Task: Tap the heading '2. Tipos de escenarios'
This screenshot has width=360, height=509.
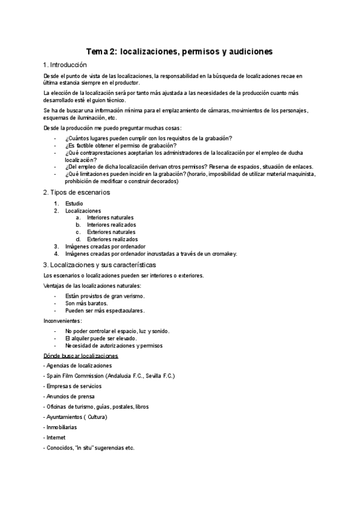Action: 76,192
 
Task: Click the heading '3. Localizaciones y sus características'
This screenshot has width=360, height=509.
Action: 100,264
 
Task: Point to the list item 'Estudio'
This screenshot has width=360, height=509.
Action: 74,203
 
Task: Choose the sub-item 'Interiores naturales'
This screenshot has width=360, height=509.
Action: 110,218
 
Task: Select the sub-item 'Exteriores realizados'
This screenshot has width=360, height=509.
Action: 112,239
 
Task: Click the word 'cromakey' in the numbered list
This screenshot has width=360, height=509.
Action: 223,253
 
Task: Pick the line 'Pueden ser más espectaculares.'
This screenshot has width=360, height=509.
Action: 105,310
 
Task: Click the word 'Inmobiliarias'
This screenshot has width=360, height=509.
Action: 62,427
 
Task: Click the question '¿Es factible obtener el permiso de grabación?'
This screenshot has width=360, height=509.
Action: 121,145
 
